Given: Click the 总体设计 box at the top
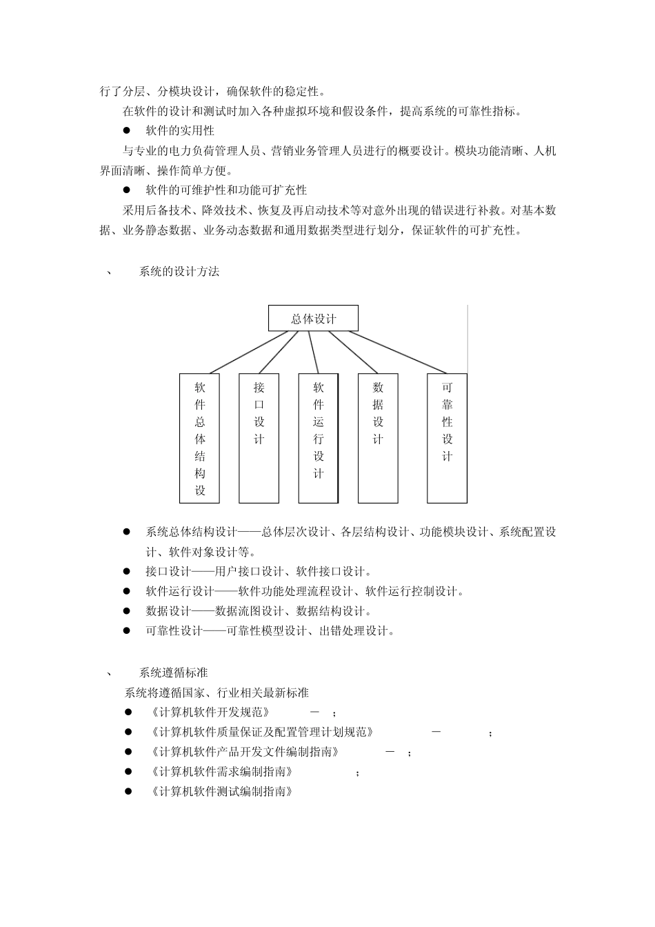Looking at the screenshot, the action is (x=313, y=318).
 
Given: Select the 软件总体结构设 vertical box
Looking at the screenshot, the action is (x=199, y=438).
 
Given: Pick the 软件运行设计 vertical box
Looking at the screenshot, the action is (x=318, y=438).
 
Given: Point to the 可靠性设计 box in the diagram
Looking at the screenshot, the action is (x=447, y=438).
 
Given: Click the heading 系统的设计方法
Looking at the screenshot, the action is (x=179, y=272).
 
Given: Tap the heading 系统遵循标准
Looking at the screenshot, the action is (x=173, y=672).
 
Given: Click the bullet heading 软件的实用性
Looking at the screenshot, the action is (x=180, y=130).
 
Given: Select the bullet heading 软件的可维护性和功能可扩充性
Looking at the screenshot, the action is (x=226, y=190).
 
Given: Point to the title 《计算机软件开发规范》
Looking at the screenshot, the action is (x=209, y=712).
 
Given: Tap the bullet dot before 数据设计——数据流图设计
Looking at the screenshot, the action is (x=127, y=611).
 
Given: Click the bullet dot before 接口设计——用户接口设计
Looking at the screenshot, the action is (x=127, y=571).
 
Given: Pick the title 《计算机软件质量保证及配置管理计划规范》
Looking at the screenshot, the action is (x=261, y=732).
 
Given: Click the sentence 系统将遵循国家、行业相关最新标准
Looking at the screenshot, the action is (x=216, y=692).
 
